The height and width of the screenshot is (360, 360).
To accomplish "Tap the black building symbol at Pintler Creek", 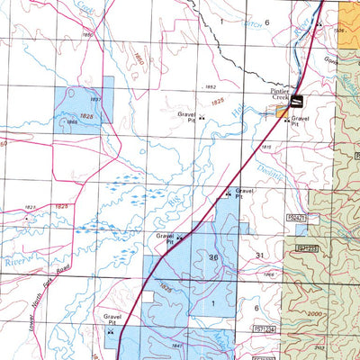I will coord(298,102).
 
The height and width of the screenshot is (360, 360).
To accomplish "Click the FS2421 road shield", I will coord(297,218).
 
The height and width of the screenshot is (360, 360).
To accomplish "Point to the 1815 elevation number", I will coord(266,146).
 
